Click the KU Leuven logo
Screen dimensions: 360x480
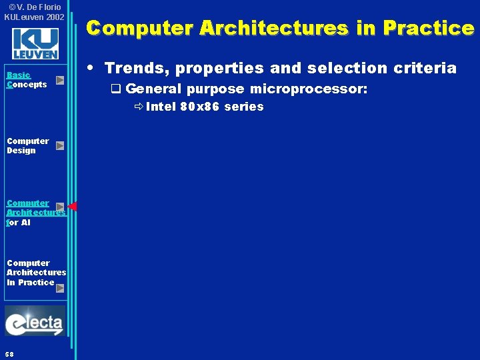35,43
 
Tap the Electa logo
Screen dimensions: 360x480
35,322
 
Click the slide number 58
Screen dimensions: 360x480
9,353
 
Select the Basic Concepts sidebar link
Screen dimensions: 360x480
26,80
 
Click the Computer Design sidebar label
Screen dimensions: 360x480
27,145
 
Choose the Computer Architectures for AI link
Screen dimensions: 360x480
35,213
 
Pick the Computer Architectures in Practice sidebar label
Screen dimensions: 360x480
36,272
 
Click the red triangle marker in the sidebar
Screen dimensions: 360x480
72,207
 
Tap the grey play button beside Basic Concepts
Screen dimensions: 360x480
60,80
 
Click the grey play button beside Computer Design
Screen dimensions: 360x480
60,145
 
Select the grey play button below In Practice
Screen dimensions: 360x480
60,288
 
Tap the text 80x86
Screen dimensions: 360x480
200,107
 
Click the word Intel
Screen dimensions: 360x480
161,107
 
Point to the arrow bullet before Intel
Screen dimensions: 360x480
138,107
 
